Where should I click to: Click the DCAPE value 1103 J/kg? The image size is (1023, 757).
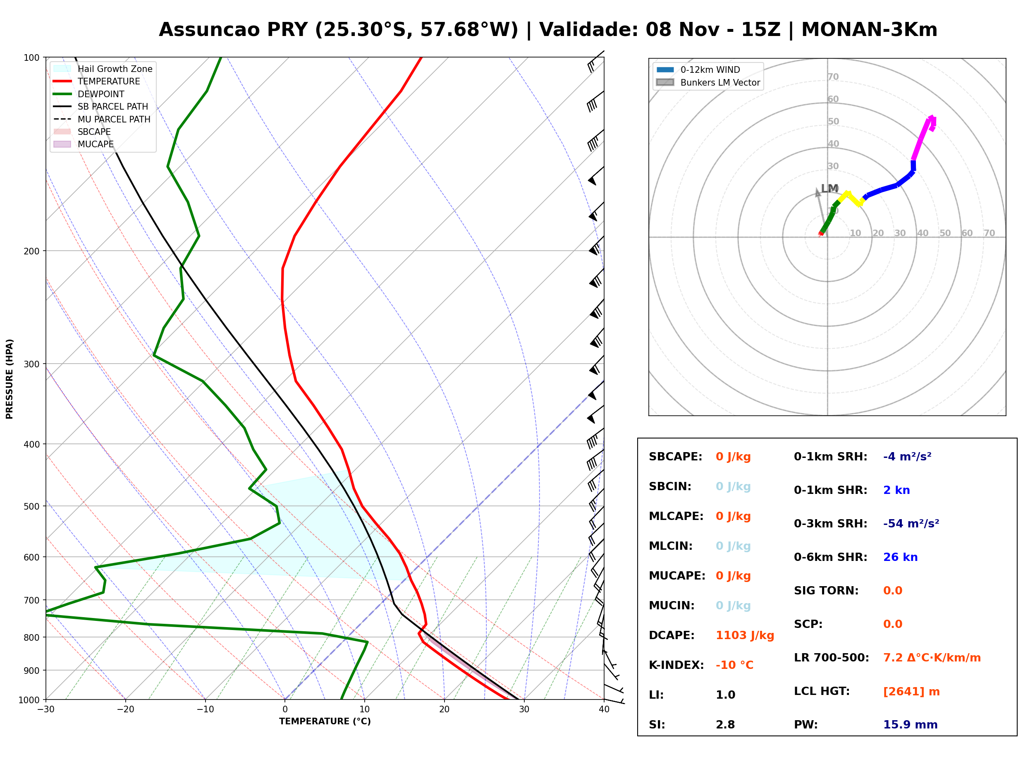(745, 635)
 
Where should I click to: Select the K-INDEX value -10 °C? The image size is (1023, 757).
(734, 665)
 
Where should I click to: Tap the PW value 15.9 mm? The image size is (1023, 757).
(911, 725)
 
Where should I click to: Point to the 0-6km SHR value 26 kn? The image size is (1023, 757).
(900, 557)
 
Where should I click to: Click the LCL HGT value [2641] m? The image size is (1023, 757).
(911, 692)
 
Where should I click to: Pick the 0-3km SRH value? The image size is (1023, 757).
(911, 524)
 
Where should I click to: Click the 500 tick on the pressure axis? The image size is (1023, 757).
(31, 506)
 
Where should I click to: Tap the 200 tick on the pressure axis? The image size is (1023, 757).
(31, 251)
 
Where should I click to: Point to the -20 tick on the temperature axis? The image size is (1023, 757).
(125, 709)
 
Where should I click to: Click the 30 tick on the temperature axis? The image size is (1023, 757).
(524, 709)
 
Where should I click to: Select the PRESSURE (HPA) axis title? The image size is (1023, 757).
(10, 379)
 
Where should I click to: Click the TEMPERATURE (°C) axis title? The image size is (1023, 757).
(325, 721)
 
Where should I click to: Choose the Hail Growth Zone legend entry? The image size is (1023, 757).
(103, 69)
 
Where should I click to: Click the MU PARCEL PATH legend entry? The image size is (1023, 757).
(102, 119)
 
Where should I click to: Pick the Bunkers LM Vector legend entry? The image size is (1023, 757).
(708, 82)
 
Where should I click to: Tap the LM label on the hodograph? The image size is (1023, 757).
(829, 188)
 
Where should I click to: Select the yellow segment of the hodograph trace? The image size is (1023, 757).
(850, 199)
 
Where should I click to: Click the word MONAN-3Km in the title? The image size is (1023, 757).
(869, 30)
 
